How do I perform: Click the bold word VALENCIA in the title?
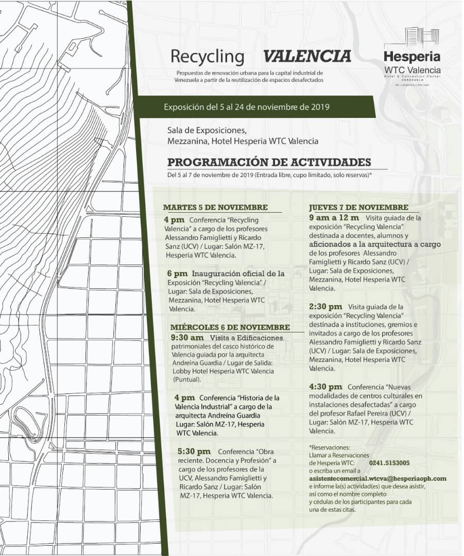(x=306, y=56)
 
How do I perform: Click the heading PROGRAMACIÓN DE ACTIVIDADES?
(x=269, y=162)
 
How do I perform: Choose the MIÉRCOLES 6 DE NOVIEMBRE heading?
(x=230, y=327)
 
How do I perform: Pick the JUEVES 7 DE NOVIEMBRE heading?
(x=358, y=207)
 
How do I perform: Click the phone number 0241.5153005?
(x=389, y=463)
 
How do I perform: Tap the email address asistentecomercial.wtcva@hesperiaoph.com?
(x=377, y=478)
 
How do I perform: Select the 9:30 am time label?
(x=186, y=338)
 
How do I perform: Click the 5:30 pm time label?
(x=194, y=451)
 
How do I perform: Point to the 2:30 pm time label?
(x=325, y=307)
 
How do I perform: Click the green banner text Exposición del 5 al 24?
(x=246, y=108)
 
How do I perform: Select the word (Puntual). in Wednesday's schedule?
(x=186, y=379)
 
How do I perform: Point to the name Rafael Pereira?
(x=366, y=413)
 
